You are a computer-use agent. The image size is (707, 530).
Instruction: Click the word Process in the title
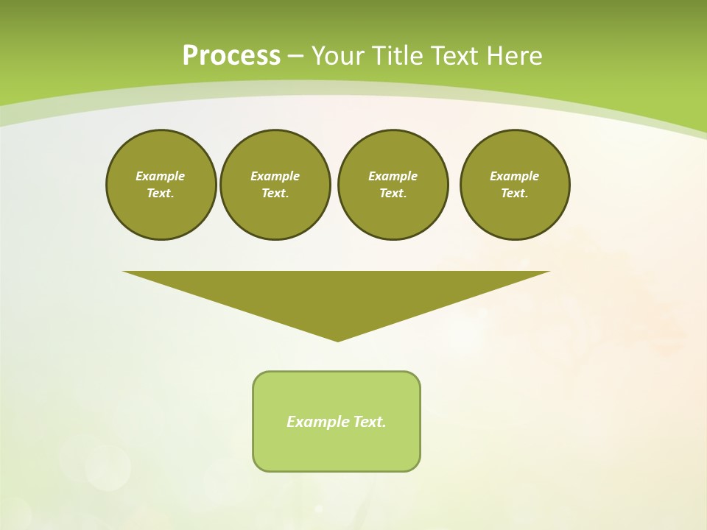231,56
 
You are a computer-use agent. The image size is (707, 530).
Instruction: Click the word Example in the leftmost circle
161,176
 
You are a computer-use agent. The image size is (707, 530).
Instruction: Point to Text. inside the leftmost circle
161,194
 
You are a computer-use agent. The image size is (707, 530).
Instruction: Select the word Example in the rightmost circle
514,176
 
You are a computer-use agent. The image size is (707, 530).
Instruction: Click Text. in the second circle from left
275,194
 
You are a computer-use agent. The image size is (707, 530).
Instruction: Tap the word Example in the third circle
393,176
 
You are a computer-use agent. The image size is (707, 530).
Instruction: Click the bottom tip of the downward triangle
337,339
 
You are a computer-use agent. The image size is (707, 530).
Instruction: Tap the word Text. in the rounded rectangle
370,422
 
